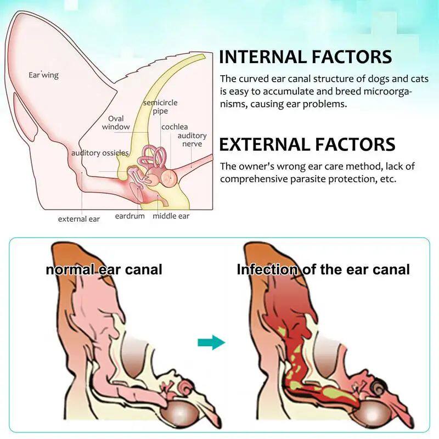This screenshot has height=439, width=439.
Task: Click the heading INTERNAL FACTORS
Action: click(305, 57)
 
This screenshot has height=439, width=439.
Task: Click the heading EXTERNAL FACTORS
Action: click(307, 144)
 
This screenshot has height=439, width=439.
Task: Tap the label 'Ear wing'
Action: click(43, 75)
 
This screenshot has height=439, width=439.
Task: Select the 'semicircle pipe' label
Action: click(160, 106)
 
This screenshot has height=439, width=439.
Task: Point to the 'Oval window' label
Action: click(116, 122)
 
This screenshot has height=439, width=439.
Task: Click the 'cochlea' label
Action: click(175, 127)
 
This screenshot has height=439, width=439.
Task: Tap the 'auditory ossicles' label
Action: click(100, 153)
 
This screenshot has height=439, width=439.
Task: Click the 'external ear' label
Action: click(79, 219)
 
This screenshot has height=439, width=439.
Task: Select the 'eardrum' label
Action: click(130, 216)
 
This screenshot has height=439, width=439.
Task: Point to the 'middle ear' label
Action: click(171, 216)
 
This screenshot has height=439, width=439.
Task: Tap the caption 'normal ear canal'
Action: click(104, 269)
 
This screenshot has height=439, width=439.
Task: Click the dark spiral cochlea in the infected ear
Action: click(378, 387)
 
